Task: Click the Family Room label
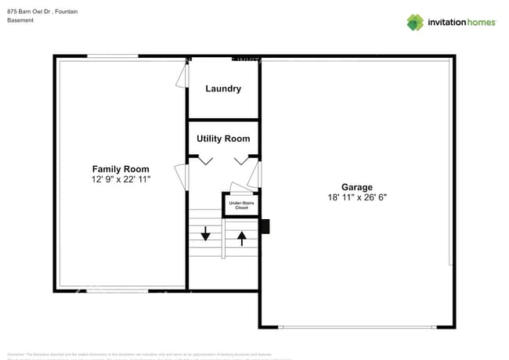click(121, 169)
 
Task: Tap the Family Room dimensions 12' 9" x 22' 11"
click(121, 179)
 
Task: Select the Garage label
click(356, 187)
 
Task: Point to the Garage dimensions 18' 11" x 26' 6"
click(356, 197)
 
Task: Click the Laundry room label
click(223, 89)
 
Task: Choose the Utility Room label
click(223, 139)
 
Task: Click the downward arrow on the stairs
click(205, 233)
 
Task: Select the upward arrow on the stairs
click(242, 236)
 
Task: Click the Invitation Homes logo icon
click(415, 23)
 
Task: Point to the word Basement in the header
click(20, 20)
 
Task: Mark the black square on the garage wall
click(265, 226)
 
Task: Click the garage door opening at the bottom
click(357, 326)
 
